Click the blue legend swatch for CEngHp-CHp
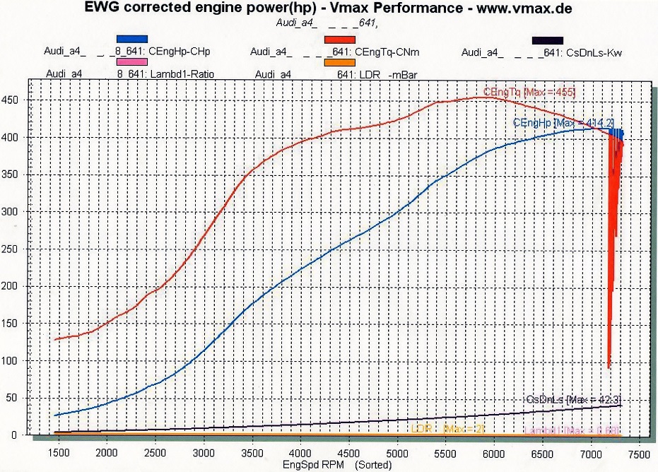132,39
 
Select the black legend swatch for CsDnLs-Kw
548,40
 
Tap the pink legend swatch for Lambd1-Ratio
132,63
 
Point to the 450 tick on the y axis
11,100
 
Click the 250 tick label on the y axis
11,249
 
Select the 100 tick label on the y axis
11,360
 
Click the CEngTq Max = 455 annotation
529,92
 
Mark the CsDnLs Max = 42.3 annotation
574,400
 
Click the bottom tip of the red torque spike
609,367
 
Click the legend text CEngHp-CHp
180,52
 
